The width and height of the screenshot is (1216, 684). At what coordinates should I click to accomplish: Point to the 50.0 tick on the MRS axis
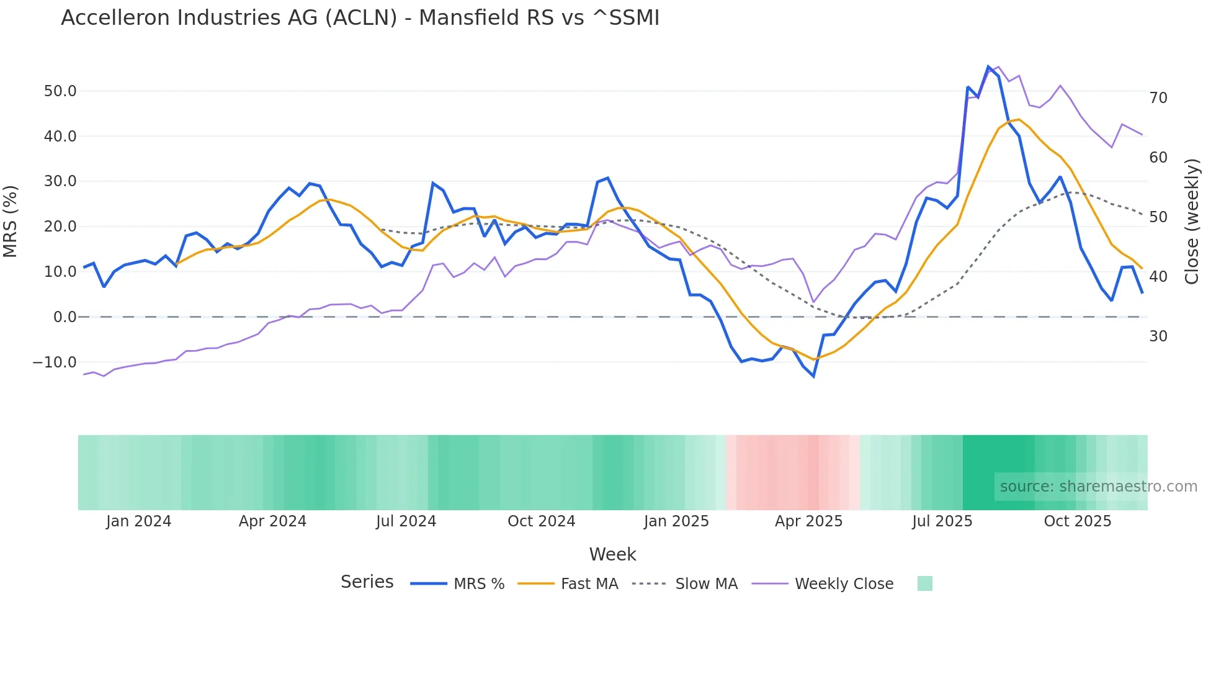click(x=60, y=91)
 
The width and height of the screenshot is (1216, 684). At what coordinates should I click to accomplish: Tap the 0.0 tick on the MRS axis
click(x=65, y=317)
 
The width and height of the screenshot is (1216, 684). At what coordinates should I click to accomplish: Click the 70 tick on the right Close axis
click(x=1158, y=98)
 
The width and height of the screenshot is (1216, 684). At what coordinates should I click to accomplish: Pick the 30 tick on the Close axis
click(x=1158, y=336)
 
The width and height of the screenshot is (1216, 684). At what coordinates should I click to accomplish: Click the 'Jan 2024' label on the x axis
click(x=138, y=521)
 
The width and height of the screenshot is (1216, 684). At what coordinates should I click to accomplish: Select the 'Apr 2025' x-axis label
click(x=808, y=521)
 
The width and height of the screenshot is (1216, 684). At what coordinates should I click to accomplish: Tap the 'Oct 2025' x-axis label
click(x=1077, y=521)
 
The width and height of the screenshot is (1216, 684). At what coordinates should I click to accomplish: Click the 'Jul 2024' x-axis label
click(x=406, y=521)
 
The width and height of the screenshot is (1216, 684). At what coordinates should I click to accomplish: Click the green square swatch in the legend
click(x=924, y=583)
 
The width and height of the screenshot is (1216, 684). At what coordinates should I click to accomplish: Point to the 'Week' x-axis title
click(x=612, y=554)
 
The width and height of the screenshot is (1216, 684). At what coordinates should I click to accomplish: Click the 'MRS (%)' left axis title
click(x=11, y=222)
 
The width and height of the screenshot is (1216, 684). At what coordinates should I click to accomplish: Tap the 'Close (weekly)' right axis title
click(x=1191, y=222)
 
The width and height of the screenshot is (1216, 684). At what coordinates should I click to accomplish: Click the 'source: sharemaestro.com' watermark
click(x=1098, y=487)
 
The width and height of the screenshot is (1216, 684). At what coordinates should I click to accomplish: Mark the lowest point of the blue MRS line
click(x=813, y=376)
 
